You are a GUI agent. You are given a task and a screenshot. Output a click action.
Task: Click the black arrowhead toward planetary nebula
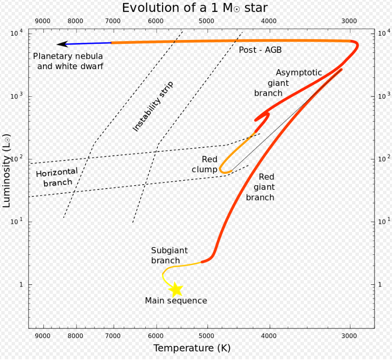coord(63,44)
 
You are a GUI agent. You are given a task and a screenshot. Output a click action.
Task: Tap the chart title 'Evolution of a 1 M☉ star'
coord(195,8)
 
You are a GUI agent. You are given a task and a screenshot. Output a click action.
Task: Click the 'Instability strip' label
coord(153,106)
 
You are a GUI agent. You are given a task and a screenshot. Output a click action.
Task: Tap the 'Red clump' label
coord(205,165)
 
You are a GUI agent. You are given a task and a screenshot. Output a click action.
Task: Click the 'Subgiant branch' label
coord(169,255)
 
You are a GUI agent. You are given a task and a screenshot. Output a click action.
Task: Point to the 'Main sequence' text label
coord(176,301)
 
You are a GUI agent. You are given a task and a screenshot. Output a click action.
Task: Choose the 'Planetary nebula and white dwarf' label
coord(69,61)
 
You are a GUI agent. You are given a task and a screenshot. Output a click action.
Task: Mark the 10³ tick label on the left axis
coord(16,96)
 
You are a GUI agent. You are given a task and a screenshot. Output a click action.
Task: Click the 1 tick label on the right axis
coord(380,285)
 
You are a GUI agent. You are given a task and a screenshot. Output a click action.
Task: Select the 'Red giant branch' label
coord(260,187)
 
